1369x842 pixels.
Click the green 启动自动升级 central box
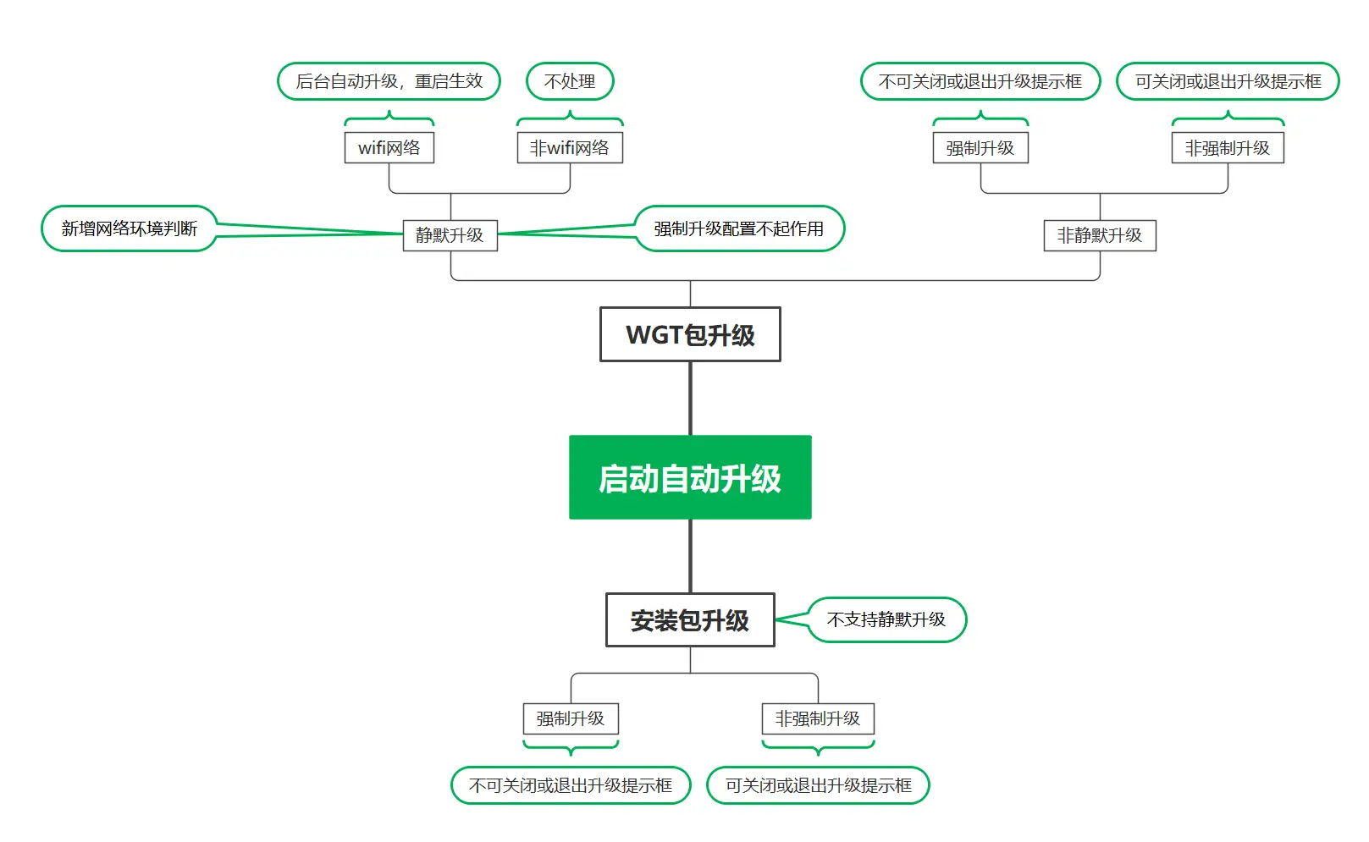pyautogui.click(x=690, y=477)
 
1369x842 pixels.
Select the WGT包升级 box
pyautogui.click(x=690, y=334)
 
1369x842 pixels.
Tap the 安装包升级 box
pyautogui.click(x=690, y=620)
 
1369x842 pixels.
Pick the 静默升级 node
pyautogui.click(x=450, y=235)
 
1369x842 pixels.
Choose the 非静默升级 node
pyautogui.click(x=1100, y=235)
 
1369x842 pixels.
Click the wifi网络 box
pyautogui.click(x=389, y=148)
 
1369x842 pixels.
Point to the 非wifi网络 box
pyautogui.click(x=570, y=148)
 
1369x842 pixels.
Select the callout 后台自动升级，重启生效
pyautogui.click(x=389, y=81)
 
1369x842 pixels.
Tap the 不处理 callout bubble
pyautogui.click(x=570, y=81)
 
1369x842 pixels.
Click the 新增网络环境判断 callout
pyautogui.click(x=130, y=228)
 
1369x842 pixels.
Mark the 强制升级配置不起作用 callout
pyautogui.click(x=739, y=228)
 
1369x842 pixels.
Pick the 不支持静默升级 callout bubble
pyautogui.click(x=886, y=619)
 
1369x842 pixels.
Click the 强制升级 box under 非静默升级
pyautogui.click(x=980, y=148)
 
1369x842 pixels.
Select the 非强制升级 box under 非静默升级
pyautogui.click(x=1228, y=148)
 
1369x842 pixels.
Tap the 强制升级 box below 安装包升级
pyautogui.click(x=571, y=718)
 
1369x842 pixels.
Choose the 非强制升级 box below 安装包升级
pyautogui.click(x=818, y=718)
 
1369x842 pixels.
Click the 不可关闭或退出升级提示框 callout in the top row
pyautogui.click(x=980, y=81)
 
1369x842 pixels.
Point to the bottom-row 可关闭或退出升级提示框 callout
pyautogui.click(x=818, y=785)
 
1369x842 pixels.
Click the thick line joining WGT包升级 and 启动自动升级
pyautogui.click(x=691, y=398)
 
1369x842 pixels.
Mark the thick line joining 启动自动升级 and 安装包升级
pyautogui.click(x=691, y=556)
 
